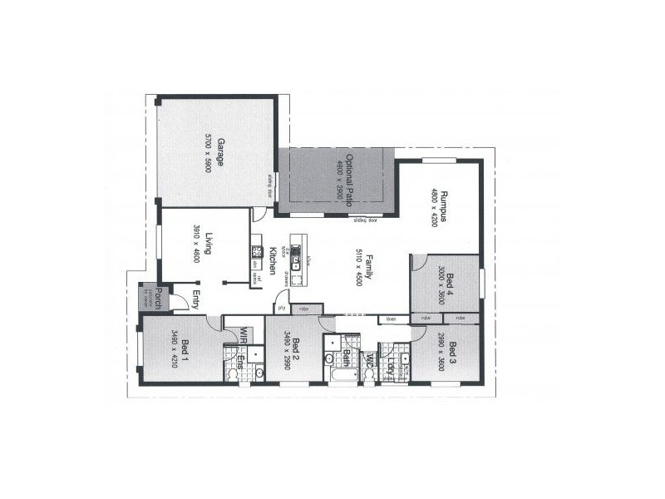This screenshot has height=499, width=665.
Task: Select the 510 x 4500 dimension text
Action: click(357, 266)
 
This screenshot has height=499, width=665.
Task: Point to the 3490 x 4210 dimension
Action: click(175, 349)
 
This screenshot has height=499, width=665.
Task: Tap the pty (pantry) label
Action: click(282, 308)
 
